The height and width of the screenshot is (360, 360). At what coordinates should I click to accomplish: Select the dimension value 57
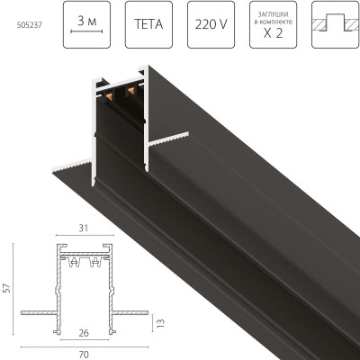(x=8, y=291)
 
